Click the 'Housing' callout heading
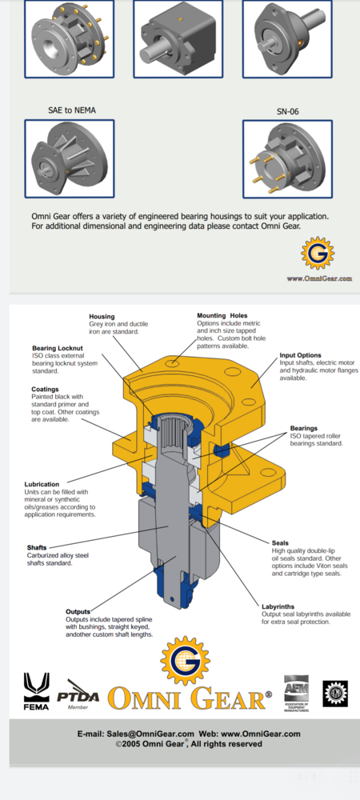(x=102, y=316)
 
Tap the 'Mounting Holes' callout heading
(x=222, y=315)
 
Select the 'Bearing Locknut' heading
(x=57, y=348)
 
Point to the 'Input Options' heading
(x=300, y=355)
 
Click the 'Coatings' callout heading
(x=45, y=390)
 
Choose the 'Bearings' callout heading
(x=304, y=428)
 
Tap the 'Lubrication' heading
(x=42, y=484)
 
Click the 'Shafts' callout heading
(x=37, y=547)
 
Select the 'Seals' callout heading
(x=280, y=543)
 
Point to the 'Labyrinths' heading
(x=278, y=606)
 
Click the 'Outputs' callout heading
(x=78, y=611)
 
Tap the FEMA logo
(x=36, y=691)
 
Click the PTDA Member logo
(x=78, y=695)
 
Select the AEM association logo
(x=296, y=693)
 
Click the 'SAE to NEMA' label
(x=72, y=110)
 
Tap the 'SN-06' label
(x=287, y=111)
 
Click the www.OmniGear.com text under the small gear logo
(x=319, y=278)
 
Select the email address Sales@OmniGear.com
(x=150, y=734)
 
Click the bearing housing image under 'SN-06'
(x=287, y=159)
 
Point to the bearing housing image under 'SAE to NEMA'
(x=70, y=158)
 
